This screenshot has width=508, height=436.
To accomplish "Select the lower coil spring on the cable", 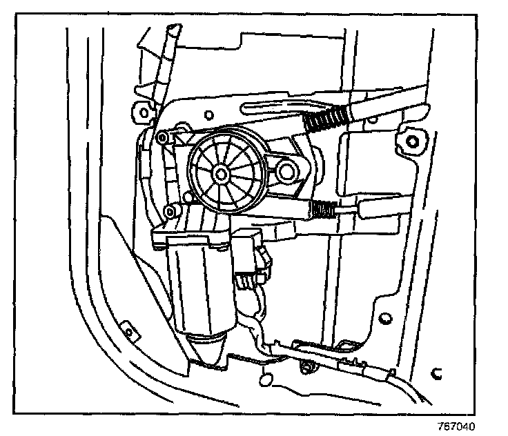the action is pos(322,207).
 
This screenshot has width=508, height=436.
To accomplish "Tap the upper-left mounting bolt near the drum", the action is pos(162,139).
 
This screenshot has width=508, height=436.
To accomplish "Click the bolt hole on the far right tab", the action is pos(412,143).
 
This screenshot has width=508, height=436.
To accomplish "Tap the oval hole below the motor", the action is pos(265,379).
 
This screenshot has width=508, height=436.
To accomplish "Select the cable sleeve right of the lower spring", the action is pos(373,208).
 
